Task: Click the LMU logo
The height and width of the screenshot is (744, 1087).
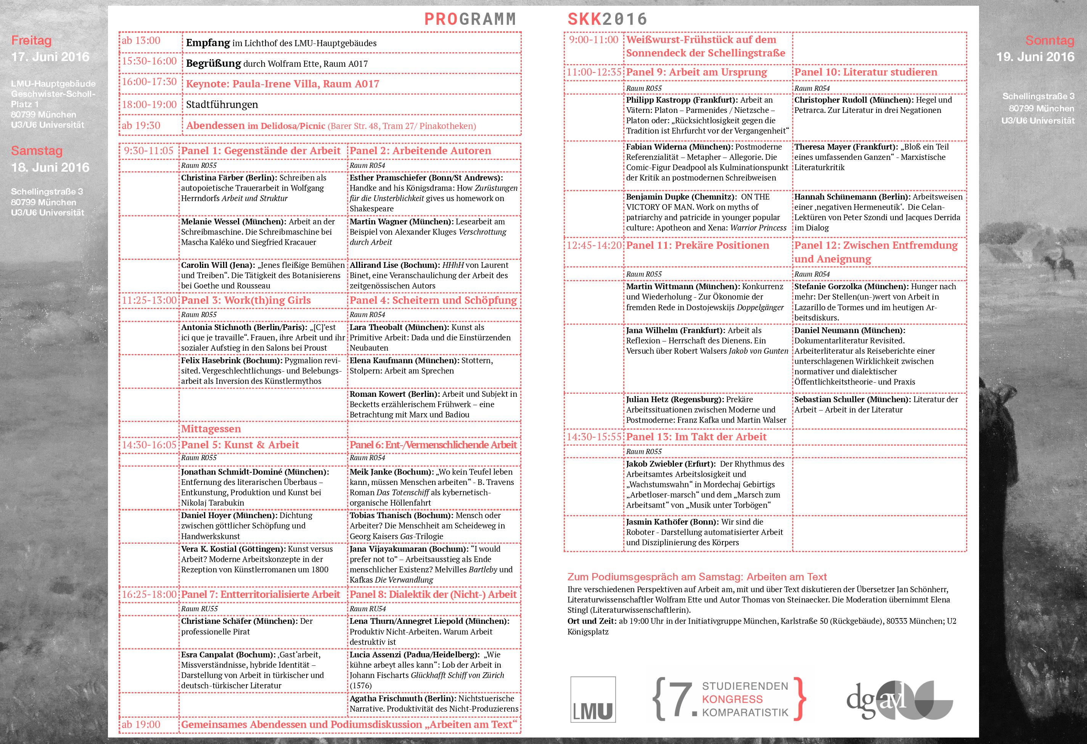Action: pos(593,699)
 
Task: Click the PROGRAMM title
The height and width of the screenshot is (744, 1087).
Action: pos(470,19)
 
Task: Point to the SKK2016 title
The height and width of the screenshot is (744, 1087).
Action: pos(607,19)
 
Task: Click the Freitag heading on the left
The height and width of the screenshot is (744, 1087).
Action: pos(31,41)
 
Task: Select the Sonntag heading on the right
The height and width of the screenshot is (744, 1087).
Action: pos(1050,41)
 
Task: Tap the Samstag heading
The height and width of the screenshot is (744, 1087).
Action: pos(37,151)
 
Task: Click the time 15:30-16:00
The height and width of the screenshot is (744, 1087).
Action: pos(149,61)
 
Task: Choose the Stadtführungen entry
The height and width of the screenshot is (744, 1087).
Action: pos(222,104)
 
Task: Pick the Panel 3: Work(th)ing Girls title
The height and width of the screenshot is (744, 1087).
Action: pos(246,300)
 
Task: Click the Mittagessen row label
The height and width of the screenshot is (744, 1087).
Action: pos(211,428)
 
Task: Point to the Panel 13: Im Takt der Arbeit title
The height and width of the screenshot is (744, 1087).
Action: pos(696,437)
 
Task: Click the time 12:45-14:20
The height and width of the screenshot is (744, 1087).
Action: pos(594,246)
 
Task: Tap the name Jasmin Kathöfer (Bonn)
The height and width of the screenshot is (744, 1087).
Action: pos(672,522)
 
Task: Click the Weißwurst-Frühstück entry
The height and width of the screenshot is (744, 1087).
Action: pos(705,46)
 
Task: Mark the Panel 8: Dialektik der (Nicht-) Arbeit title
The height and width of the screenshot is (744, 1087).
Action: pos(433,595)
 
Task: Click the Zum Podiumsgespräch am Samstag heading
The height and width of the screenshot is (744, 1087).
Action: pos(697,577)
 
